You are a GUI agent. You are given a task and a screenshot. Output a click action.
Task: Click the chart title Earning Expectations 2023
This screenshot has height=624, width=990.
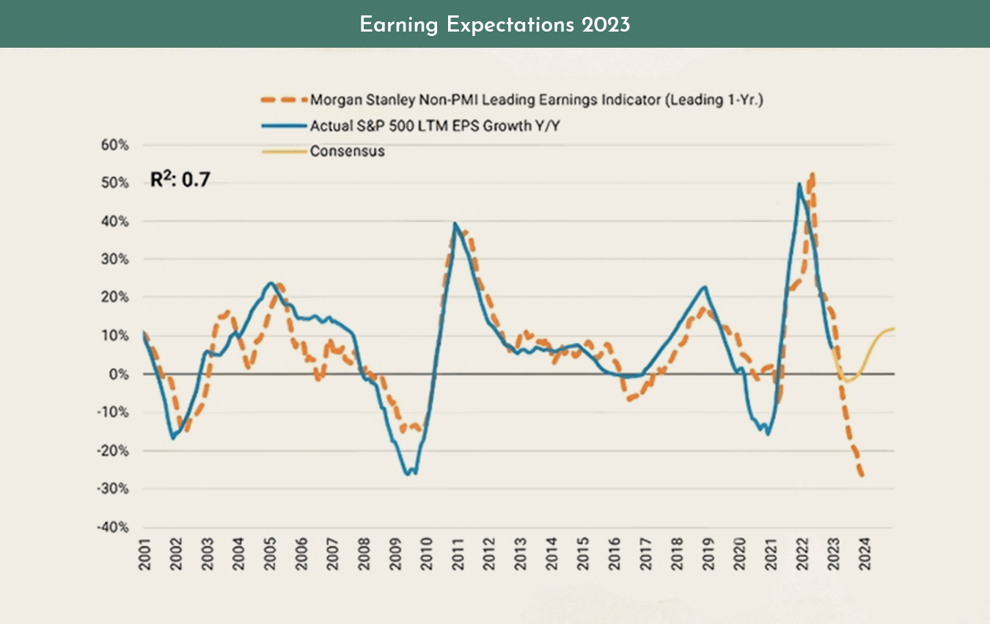coord(495,24)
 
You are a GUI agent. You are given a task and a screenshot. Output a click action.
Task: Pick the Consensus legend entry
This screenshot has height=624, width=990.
coord(347,151)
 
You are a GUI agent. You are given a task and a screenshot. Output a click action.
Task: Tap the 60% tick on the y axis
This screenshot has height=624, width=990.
coord(114,145)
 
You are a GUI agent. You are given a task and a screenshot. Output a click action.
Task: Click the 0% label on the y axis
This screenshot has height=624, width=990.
coord(119,374)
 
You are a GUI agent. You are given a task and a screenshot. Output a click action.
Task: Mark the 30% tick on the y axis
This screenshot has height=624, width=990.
coord(114,260)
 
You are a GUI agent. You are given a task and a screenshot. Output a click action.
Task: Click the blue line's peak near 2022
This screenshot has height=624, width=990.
coord(798,184)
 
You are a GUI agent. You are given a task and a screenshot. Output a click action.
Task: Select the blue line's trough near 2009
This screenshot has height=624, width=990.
coord(408,474)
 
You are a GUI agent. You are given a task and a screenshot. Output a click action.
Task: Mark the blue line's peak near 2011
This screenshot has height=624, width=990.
coord(455,223)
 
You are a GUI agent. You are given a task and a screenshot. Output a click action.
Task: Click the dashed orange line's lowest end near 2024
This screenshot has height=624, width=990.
coord(862,476)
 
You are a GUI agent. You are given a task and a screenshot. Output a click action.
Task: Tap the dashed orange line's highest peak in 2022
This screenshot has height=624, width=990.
coord(812,175)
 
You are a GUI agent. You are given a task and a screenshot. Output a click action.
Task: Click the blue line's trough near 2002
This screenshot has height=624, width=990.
coord(173,438)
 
